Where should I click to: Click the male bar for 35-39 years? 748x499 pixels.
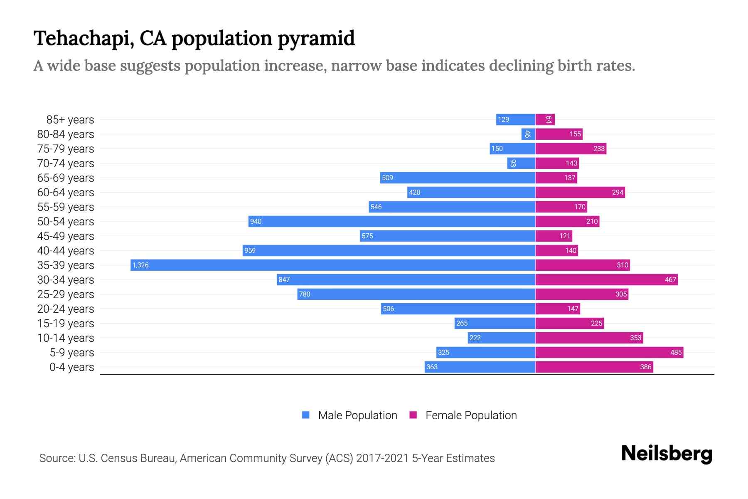[332, 265]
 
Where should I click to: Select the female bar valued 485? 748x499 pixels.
[609, 352]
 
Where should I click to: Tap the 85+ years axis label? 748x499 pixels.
[70, 120]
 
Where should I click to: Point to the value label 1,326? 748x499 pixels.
[140, 265]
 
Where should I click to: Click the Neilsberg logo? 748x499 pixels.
[667, 454]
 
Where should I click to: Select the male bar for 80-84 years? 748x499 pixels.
[528, 134]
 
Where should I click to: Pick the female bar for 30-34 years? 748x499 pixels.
[606, 279]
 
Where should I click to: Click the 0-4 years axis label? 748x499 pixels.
[71, 367]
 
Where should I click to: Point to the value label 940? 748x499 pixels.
[256, 221]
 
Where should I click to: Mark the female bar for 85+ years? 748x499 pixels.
[545, 120]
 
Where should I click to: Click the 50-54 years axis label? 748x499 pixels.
[66, 222]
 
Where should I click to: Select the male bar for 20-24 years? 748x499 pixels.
[458, 309]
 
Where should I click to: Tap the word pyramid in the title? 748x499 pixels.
[316, 38]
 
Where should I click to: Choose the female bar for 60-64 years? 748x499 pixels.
[580, 192]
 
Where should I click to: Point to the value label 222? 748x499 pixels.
[475, 338]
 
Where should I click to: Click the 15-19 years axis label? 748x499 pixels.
[66, 324]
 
